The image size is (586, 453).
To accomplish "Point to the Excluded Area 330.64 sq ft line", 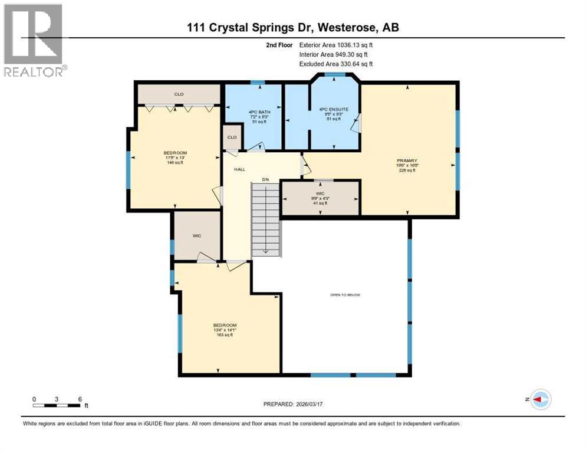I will [x=336, y=64].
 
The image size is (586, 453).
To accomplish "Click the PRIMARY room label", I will [x=407, y=160].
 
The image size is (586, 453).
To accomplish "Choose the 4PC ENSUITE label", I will [x=334, y=109].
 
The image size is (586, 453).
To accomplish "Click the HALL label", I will [x=239, y=169].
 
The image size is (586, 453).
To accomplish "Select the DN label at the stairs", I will [x=266, y=179].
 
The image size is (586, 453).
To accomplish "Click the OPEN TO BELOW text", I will [x=345, y=295].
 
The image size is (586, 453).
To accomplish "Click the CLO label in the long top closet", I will [x=179, y=94].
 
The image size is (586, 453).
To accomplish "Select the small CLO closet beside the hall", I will [x=232, y=137].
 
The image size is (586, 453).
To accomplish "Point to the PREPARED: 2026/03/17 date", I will [x=292, y=404].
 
